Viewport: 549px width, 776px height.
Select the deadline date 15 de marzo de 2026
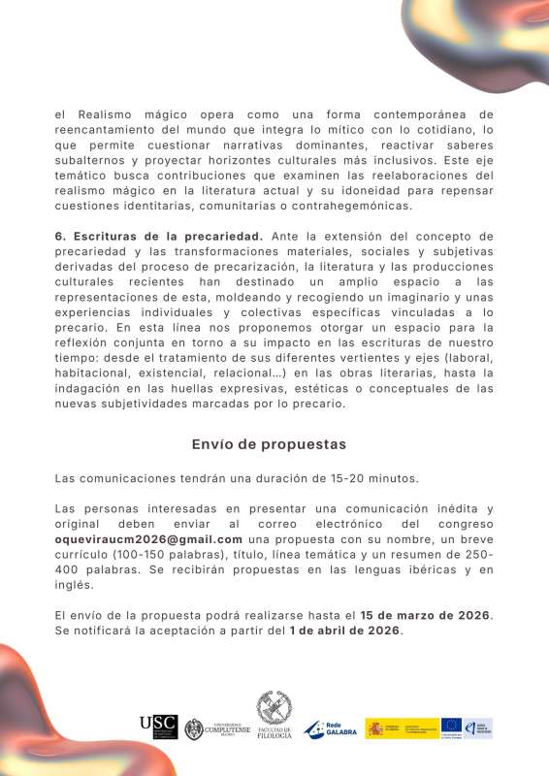click(425, 615)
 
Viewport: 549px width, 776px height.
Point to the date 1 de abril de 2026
click(344, 630)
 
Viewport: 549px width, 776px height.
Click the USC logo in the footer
click(158, 727)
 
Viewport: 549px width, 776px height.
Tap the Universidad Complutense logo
click(218, 729)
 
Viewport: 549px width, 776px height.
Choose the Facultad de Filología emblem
click(274, 716)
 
